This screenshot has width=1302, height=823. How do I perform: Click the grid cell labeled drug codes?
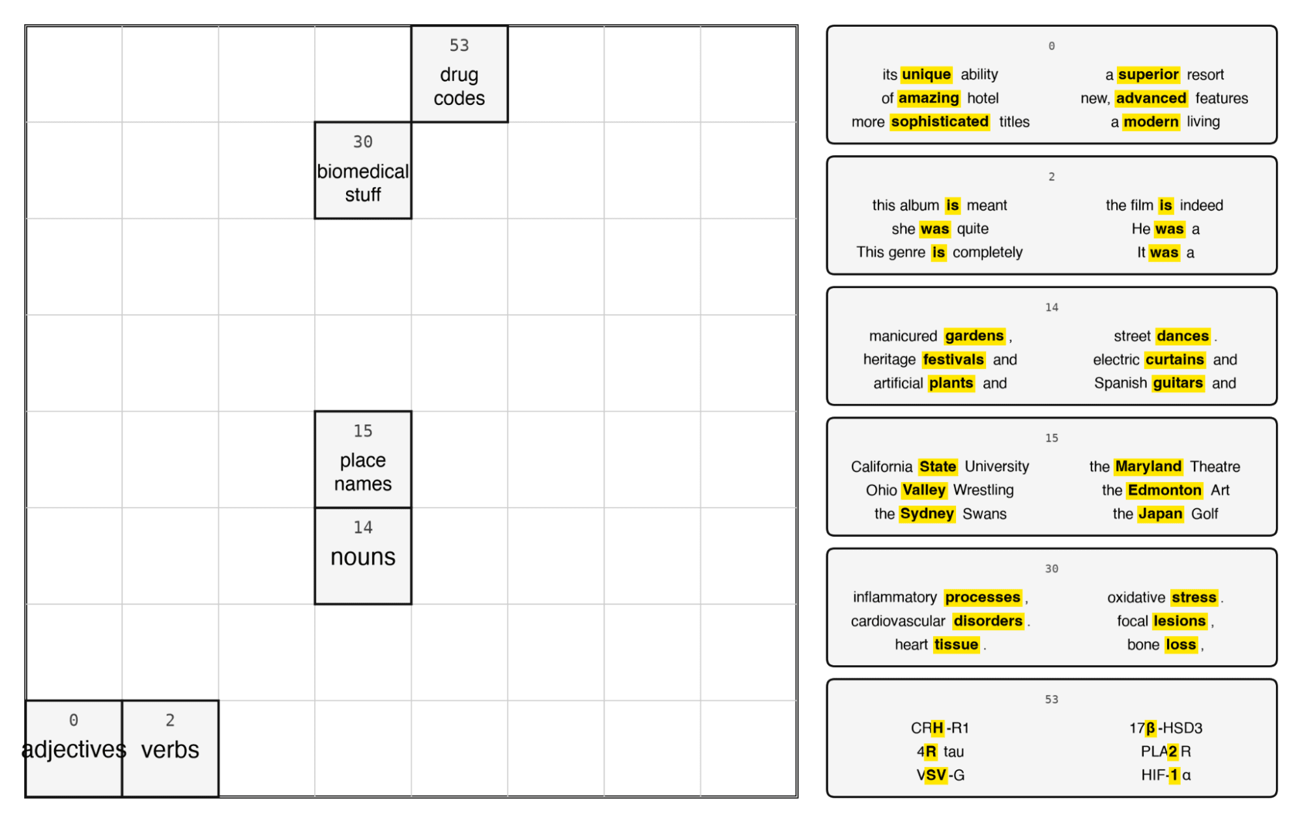click(459, 74)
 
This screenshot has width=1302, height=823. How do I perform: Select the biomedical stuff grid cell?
click(363, 170)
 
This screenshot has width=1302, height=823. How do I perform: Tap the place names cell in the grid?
click(363, 459)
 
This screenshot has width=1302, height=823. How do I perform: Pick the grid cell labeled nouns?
click(363, 556)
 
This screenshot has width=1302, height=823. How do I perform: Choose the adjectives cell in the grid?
click(74, 749)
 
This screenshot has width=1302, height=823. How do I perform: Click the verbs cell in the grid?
click(170, 749)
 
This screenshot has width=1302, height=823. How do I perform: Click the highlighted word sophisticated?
click(940, 122)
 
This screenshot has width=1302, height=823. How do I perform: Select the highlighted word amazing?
click(929, 98)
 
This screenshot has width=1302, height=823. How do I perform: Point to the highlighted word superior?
click(1148, 75)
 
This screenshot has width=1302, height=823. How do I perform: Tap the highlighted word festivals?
click(953, 360)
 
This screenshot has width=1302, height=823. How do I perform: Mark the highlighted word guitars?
click(1178, 383)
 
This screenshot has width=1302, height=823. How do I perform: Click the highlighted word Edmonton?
click(1165, 490)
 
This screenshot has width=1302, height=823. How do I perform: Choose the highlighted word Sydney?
click(927, 513)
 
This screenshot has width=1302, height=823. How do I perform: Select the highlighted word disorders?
click(988, 621)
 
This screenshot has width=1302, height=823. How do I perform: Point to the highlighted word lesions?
click(1179, 621)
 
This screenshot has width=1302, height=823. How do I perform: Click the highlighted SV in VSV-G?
click(936, 775)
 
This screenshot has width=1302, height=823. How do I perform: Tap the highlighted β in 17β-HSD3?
click(1151, 728)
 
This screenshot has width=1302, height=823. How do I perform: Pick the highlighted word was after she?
click(934, 229)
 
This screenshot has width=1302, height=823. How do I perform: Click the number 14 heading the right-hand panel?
click(1052, 308)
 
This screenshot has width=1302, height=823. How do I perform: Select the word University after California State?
click(996, 467)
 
